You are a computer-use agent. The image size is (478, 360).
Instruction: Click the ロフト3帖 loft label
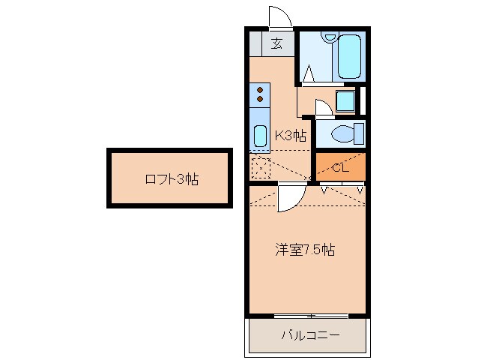[171, 179]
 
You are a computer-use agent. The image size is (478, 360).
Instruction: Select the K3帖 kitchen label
[291, 136]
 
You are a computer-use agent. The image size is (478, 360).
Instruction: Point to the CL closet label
[339, 167]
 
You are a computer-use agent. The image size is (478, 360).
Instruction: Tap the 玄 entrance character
[276, 43]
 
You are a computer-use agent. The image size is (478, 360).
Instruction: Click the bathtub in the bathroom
[350, 55]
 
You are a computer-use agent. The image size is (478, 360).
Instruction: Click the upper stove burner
[260, 89]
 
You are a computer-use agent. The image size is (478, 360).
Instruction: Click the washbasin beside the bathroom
[345, 100]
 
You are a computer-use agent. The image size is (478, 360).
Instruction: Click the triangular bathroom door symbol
[309, 73]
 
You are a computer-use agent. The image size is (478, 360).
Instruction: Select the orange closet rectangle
[339, 166]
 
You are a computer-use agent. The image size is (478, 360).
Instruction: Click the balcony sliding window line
[307, 315]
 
